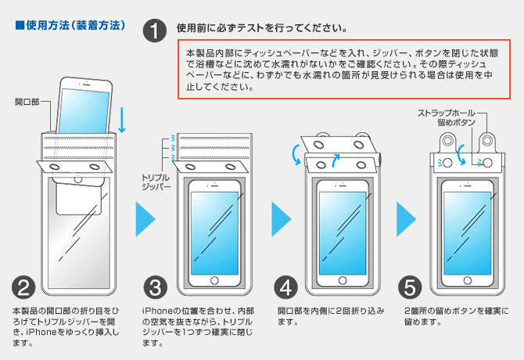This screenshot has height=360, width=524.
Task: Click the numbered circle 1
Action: (156, 31)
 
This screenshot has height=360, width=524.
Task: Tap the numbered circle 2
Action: (24, 287)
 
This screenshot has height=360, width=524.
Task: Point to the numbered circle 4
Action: (289, 287)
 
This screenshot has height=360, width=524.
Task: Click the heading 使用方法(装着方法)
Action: (71, 25)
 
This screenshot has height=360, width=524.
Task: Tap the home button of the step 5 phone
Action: (465, 279)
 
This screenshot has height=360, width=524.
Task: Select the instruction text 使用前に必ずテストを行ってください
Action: (263, 28)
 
